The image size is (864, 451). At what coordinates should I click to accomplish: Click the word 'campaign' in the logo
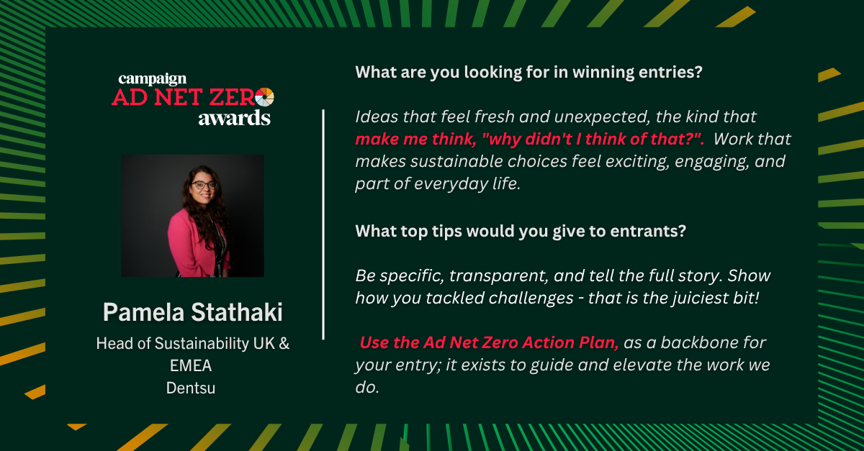(153, 79)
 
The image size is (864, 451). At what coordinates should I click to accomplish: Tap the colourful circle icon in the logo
(265, 97)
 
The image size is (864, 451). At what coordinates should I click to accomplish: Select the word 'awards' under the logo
(235, 118)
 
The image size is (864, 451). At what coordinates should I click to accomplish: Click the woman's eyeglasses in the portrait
(204, 185)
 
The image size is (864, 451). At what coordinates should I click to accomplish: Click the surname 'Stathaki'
(237, 312)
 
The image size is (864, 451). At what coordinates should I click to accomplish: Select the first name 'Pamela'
(143, 312)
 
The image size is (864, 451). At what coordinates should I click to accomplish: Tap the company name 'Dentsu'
(191, 388)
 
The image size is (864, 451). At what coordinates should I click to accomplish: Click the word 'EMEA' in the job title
(191, 365)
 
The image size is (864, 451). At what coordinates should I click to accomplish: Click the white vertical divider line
(323, 224)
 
